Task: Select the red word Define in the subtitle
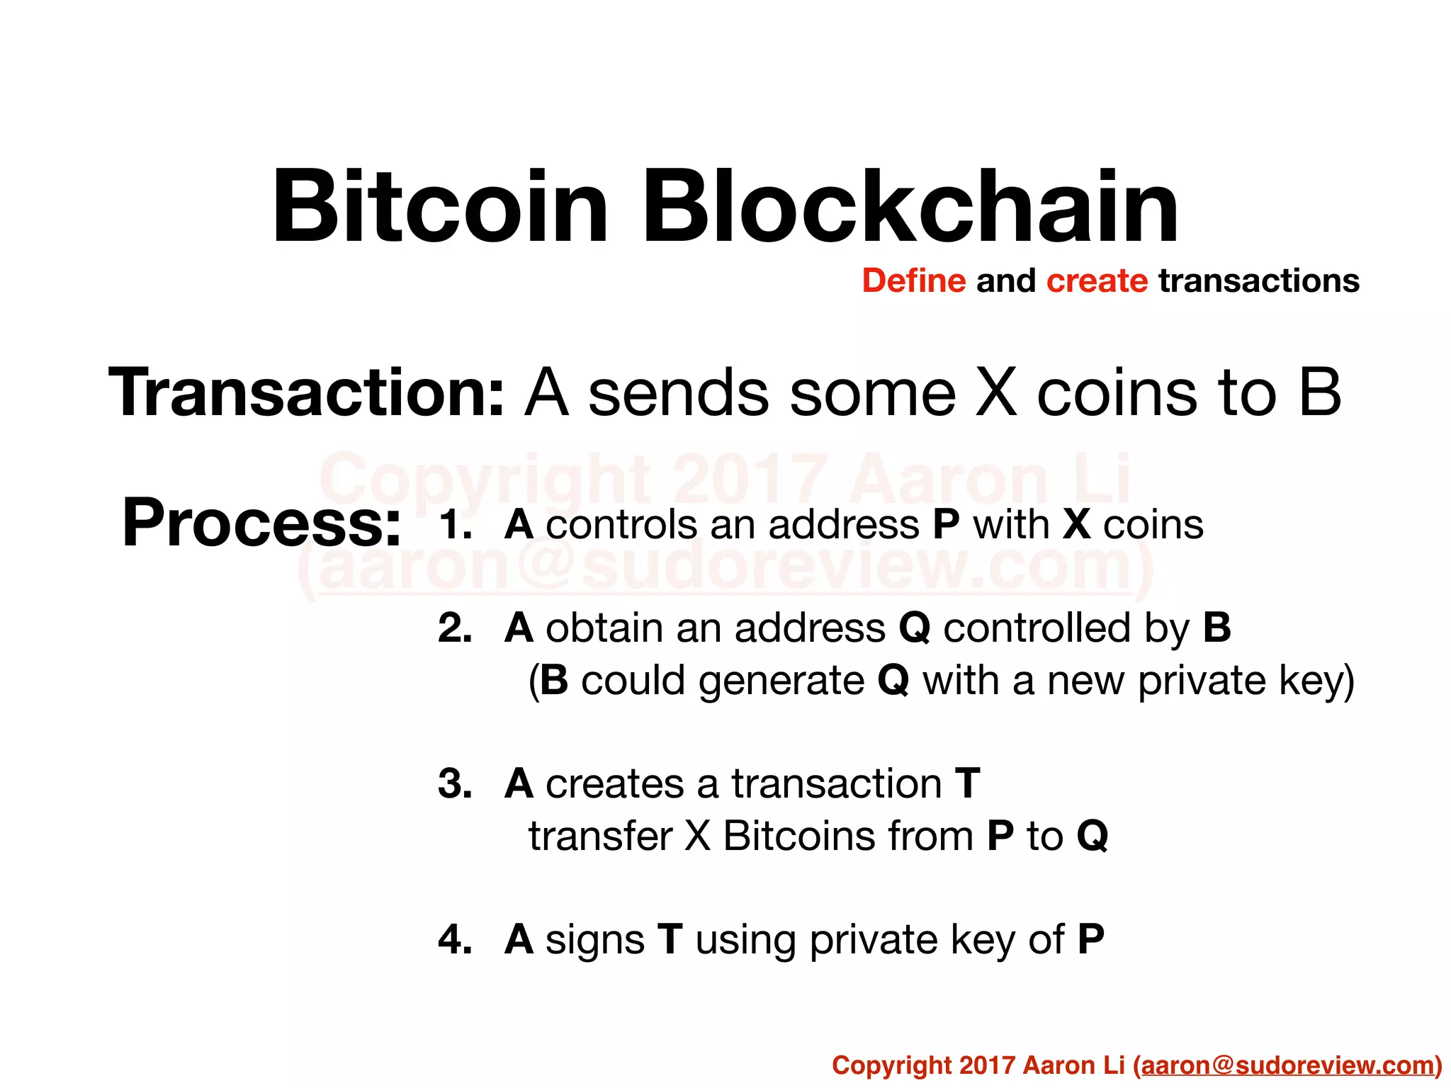913,281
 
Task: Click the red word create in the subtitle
1097,281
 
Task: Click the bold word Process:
261,523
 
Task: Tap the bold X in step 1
1077,526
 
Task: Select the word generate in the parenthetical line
781,681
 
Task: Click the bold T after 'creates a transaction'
968,784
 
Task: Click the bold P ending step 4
1091,940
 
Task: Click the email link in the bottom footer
1288,1065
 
